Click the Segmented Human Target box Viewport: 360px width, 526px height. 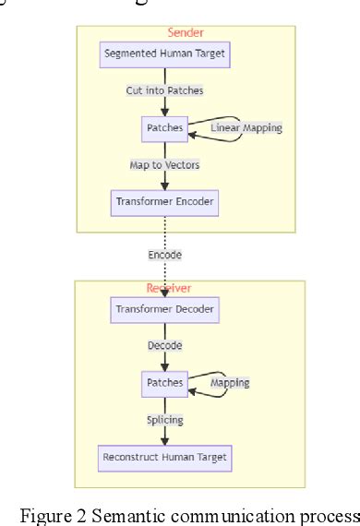(164, 54)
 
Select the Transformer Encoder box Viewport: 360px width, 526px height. (164, 201)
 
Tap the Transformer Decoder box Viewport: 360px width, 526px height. (164, 310)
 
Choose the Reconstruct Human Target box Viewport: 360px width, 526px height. (164, 457)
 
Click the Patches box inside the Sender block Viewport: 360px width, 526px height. (164, 127)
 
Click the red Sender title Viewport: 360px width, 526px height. (185, 32)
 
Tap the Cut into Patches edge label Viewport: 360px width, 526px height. (164, 90)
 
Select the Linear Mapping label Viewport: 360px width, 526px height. (246, 127)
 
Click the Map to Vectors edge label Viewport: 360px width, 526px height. (164, 164)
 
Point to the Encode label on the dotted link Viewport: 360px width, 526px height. (164, 254)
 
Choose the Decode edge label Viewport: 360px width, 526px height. (164, 346)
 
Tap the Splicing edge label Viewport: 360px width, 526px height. (164, 420)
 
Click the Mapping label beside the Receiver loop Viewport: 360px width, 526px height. (230, 382)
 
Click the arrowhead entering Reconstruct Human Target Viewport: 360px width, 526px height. (164, 441)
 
